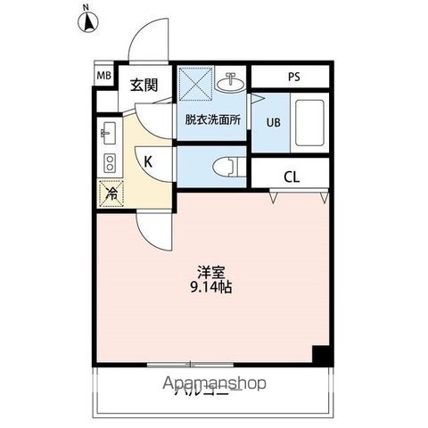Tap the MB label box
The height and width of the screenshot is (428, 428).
[x=104, y=77]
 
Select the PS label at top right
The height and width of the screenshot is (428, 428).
[x=293, y=77]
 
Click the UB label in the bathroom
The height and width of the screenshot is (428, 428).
[x=273, y=125]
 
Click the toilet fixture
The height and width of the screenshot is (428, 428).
[x=227, y=166]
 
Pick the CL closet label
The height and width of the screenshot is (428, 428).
[x=291, y=176]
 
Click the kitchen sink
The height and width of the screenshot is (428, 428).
[x=110, y=135]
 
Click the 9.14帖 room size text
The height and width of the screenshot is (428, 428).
[x=210, y=288]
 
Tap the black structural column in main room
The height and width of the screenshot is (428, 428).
[x=321, y=354]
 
